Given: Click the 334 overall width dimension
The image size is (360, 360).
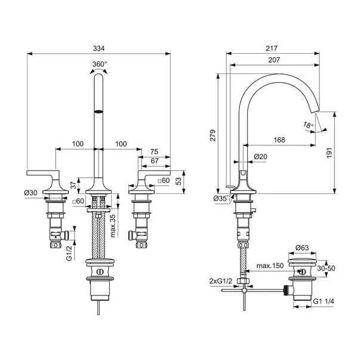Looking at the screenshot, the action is [99, 48].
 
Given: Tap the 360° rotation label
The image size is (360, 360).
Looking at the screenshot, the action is [100, 64].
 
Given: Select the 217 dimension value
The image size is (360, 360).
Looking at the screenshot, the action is [272, 48].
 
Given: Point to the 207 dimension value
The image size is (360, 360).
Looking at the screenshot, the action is [274, 60].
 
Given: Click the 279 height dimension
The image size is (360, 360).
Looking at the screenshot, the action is [213, 136].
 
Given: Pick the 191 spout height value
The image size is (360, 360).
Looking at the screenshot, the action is [330, 153].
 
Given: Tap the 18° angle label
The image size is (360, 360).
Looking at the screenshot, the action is [308, 125].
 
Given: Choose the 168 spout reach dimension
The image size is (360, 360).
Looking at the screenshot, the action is [279, 140].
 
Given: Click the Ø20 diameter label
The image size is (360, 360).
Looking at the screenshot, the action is [260, 156].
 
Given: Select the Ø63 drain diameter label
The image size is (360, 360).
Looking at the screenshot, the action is [302, 248].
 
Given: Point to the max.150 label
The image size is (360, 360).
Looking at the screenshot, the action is [270, 266].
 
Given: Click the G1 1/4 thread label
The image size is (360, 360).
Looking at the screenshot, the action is [324, 301].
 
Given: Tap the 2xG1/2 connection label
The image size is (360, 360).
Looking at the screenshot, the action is [221, 281].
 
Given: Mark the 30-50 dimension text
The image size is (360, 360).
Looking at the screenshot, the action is [326, 268].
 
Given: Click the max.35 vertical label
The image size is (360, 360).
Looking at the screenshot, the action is [113, 226].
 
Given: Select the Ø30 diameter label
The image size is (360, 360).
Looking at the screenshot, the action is [30, 193].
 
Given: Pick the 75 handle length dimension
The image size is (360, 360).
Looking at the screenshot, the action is [154, 152].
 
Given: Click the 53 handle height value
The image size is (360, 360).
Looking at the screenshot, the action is [178, 181].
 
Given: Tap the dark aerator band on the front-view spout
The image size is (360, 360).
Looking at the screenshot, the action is [99, 112].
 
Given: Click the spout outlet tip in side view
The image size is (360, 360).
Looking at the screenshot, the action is [313, 112].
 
